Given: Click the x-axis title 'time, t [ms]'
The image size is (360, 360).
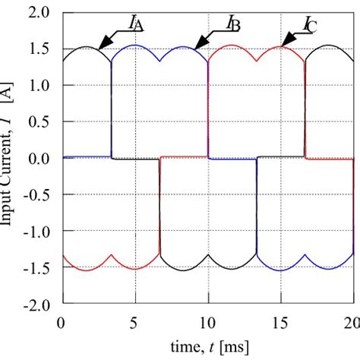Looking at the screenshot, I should (207, 346).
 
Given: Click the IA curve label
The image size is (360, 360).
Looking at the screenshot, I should (136, 25).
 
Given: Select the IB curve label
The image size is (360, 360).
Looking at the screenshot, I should (233, 25).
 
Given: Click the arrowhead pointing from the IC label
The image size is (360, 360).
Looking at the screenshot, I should (287, 43).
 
